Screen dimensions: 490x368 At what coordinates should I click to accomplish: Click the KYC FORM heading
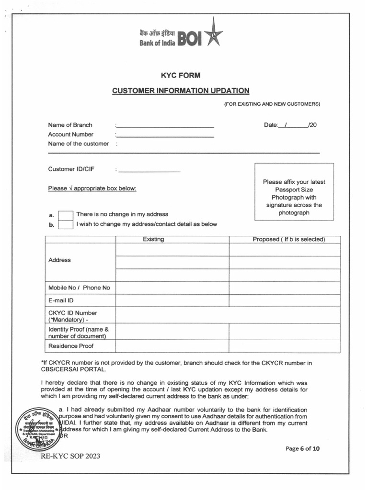180,75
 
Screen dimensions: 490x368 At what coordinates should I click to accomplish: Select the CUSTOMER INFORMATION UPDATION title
181,90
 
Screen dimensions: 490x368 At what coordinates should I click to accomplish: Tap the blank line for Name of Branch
165,125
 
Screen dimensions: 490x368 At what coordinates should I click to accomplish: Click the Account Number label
70,134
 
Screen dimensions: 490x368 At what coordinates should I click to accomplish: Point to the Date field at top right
290,125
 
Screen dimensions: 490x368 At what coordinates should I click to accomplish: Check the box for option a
65,215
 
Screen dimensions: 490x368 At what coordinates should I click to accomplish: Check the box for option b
65,224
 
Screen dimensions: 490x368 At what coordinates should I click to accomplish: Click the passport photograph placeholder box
294,191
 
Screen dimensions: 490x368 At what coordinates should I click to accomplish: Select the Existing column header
153,239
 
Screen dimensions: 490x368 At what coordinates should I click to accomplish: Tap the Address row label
59,260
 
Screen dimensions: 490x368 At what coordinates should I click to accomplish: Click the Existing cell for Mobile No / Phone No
172,288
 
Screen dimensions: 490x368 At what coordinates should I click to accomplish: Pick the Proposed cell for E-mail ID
284,301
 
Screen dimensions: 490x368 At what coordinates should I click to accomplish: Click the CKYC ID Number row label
72,316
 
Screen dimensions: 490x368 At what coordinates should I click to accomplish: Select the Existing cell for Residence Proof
172,346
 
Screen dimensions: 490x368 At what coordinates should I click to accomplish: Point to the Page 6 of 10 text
302,448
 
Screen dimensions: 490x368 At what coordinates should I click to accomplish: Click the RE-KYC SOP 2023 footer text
70,456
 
